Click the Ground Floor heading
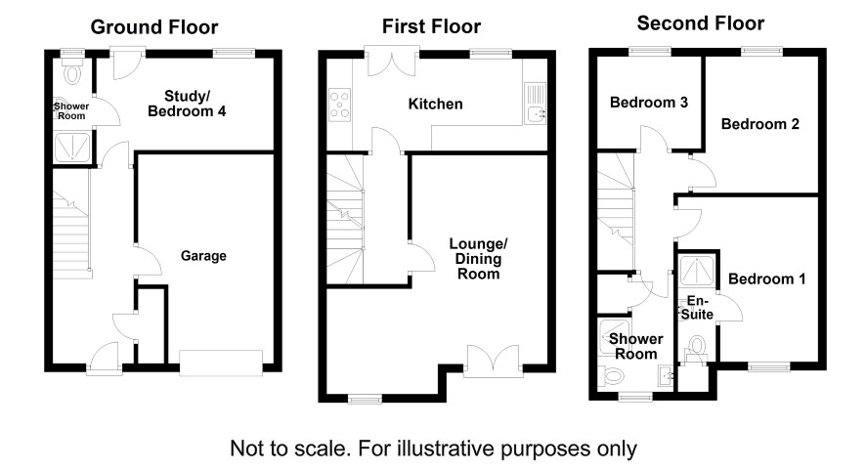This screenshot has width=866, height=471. [x=154, y=27]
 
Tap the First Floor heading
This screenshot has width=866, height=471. [x=431, y=26]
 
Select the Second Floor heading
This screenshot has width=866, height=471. [x=700, y=23]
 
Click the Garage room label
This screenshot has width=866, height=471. [x=203, y=256]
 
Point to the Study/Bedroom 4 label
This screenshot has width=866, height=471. [x=187, y=104]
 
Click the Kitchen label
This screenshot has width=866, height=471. [x=435, y=104]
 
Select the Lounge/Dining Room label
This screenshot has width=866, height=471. [x=478, y=258]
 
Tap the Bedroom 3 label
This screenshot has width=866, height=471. [x=649, y=103]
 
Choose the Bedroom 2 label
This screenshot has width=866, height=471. [x=760, y=124]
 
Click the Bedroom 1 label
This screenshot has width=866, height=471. [x=766, y=278]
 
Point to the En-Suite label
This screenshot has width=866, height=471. [x=697, y=308]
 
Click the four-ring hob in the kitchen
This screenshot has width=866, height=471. [x=340, y=105]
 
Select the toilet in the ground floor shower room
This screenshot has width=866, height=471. [x=71, y=71]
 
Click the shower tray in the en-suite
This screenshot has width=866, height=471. [x=696, y=271]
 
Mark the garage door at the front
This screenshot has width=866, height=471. [x=221, y=364]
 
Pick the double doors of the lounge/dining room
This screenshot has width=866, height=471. [x=494, y=360]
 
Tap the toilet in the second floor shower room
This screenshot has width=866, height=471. [x=612, y=377]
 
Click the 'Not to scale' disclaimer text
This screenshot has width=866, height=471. [x=433, y=449]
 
